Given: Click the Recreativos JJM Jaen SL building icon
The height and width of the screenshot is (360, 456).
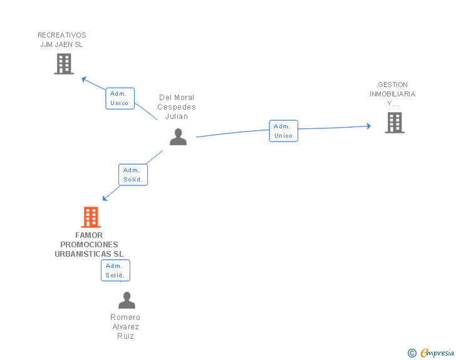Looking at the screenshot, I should click(x=64, y=64).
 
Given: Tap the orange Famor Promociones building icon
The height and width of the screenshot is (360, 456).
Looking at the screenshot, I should click(x=91, y=217).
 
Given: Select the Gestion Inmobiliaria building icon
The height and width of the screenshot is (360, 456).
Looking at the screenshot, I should click(x=395, y=123).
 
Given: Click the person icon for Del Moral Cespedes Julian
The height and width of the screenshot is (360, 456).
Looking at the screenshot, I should click(x=178, y=137).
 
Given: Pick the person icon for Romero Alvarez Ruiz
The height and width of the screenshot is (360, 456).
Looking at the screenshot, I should click(x=127, y=301).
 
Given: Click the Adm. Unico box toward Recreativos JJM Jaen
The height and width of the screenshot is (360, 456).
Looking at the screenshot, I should click(x=120, y=98).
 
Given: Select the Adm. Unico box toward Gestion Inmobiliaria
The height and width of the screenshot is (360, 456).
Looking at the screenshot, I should click(x=284, y=131).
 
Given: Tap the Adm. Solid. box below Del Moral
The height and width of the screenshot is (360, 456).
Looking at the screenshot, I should click(x=133, y=175).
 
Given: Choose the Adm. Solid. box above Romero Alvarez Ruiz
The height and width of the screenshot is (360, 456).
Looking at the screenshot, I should click(x=115, y=270).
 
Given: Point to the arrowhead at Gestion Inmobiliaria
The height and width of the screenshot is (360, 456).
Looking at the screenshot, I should click(x=368, y=126).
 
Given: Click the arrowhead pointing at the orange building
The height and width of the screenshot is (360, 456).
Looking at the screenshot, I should click(x=105, y=198).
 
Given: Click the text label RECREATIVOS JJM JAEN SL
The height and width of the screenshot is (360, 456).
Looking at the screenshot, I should click(x=62, y=39).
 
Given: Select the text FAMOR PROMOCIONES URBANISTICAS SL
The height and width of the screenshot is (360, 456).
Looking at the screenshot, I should click(x=89, y=245).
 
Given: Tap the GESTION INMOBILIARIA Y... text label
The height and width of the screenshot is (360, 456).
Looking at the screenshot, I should click(x=393, y=94).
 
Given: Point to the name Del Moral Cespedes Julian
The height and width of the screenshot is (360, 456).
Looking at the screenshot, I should click(x=177, y=106).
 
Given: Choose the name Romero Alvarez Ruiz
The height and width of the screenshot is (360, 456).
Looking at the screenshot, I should click(x=125, y=327).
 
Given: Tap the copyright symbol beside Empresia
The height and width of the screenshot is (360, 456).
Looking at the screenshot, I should click(x=412, y=353).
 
